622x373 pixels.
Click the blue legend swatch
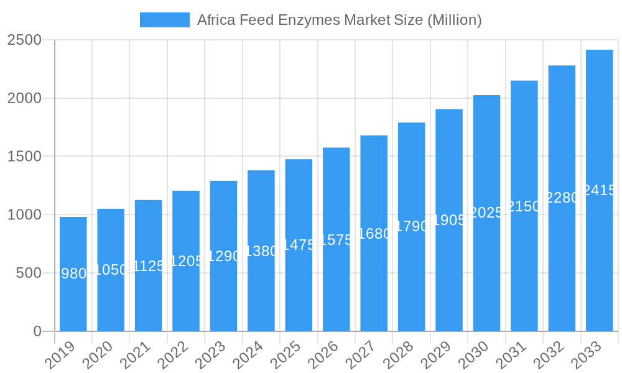165,20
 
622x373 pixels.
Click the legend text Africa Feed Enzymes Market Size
339,20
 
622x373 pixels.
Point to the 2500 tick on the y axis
24,40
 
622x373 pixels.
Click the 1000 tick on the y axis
24,214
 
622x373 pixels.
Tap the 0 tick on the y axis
37,331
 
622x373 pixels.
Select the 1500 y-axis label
24,156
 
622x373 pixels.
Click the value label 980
74,274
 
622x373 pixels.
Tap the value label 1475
299,244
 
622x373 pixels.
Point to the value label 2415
599,190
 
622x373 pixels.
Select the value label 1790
411,226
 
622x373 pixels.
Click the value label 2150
524,206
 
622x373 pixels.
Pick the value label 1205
186,261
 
